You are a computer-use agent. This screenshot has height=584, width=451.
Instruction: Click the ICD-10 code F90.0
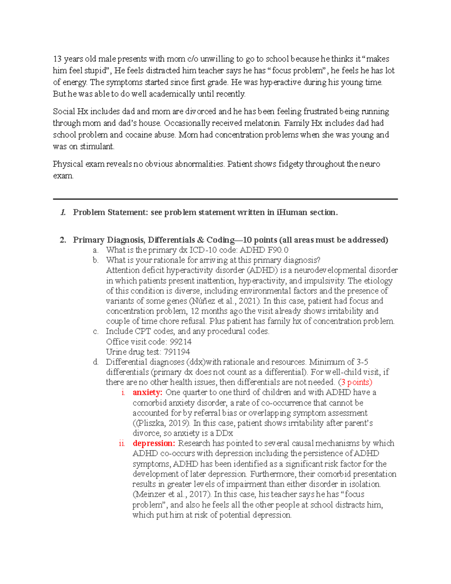point(279,250)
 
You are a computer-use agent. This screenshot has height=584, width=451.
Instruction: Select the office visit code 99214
point(181,342)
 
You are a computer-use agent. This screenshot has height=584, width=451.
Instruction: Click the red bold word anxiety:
point(147,393)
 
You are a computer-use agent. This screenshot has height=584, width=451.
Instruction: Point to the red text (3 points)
point(355,382)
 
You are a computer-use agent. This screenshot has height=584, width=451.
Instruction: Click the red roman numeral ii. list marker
point(122,443)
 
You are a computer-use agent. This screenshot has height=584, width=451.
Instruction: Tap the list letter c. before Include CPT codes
point(96,331)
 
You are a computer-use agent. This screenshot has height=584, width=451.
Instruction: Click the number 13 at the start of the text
point(57,59)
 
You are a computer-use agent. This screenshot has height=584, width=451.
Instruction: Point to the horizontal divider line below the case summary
point(225,199)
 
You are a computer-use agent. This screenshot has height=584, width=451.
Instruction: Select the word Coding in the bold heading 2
point(221,240)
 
